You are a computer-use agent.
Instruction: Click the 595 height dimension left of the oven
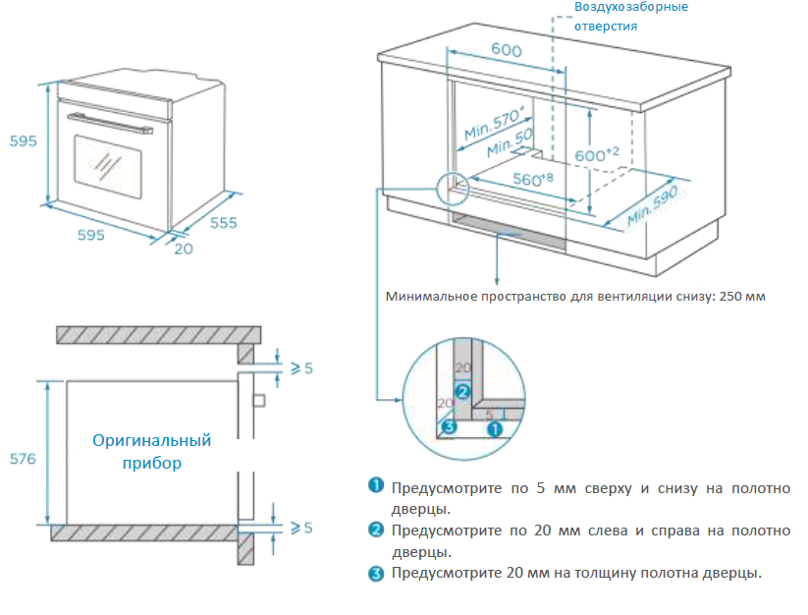(23, 140)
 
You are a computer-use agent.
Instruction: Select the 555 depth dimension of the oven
(223, 223)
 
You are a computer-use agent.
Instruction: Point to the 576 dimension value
(23, 459)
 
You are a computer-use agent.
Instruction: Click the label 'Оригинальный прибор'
(151, 451)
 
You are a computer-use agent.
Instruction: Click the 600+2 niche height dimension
(596, 154)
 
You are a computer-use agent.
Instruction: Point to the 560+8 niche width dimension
(532, 180)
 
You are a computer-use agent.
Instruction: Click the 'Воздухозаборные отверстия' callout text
(631, 17)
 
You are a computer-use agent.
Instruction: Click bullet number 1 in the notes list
(376, 486)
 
